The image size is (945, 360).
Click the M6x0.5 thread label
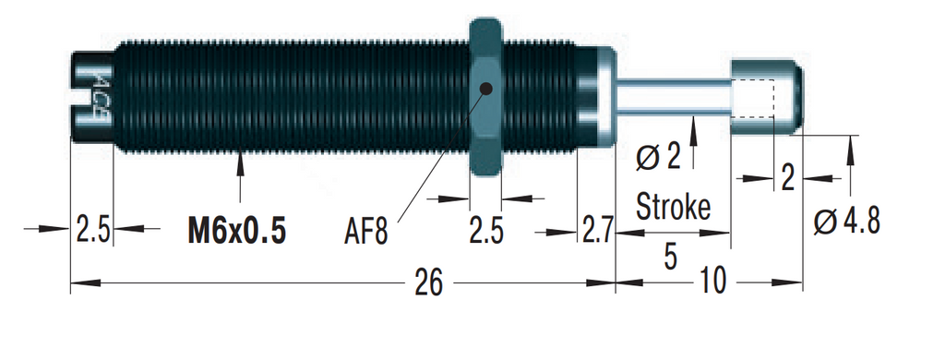coord(236,233)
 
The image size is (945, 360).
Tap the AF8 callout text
coord(365,233)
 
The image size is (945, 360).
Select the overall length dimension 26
coord(428,282)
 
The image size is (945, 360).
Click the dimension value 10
coord(713,282)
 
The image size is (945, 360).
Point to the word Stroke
coord(673,208)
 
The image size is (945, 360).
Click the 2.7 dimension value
coord(597,230)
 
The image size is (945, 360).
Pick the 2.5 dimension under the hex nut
coord(485,231)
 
